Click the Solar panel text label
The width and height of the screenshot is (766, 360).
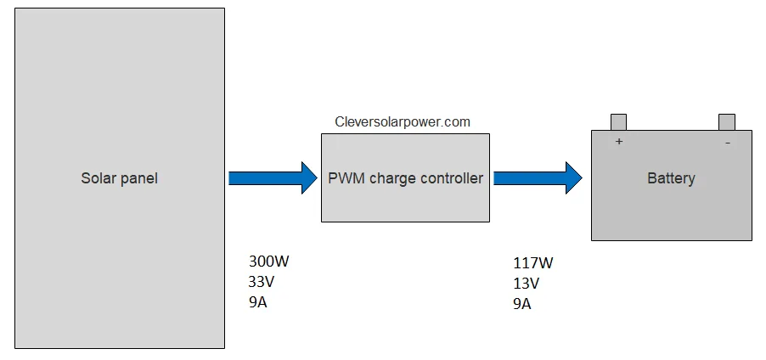click(x=119, y=178)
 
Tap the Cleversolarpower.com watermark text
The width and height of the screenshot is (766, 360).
click(x=403, y=121)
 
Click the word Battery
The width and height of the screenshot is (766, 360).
click(x=671, y=178)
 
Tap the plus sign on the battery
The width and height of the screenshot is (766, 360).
click(x=619, y=142)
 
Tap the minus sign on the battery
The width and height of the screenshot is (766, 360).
click(x=728, y=143)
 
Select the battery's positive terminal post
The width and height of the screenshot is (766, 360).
click(x=618, y=122)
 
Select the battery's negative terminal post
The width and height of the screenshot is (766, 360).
click(x=726, y=122)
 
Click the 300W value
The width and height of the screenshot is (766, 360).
click(x=274, y=262)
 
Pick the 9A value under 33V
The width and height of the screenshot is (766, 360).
click(x=258, y=302)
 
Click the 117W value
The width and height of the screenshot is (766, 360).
click(x=533, y=263)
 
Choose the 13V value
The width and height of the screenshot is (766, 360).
click(x=527, y=284)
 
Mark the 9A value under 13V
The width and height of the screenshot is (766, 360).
click(x=522, y=304)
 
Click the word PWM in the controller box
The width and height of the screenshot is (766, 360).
click(x=346, y=178)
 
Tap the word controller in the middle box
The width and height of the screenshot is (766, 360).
click(x=451, y=178)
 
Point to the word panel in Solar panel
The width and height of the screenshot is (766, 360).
click(x=139, y=178)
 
